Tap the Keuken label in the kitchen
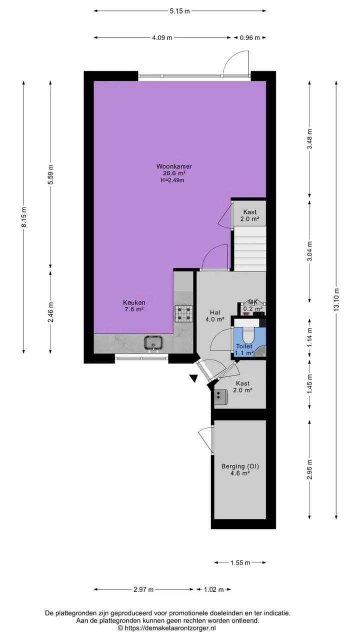coord(134,302)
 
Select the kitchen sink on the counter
coord(153,343)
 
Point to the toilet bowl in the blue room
coord(248,335)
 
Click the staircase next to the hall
coord(250,248)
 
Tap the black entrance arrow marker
coord(194,378)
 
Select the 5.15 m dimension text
coord(179,11)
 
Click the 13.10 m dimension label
coord(336,299)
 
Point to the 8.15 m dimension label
coord(24,217)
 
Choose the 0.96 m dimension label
coord(249,37)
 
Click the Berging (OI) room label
coord(240,466)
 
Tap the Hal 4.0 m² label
coord(215,315)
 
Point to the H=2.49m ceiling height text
coord(172,180)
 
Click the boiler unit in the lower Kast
coord(221,397)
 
